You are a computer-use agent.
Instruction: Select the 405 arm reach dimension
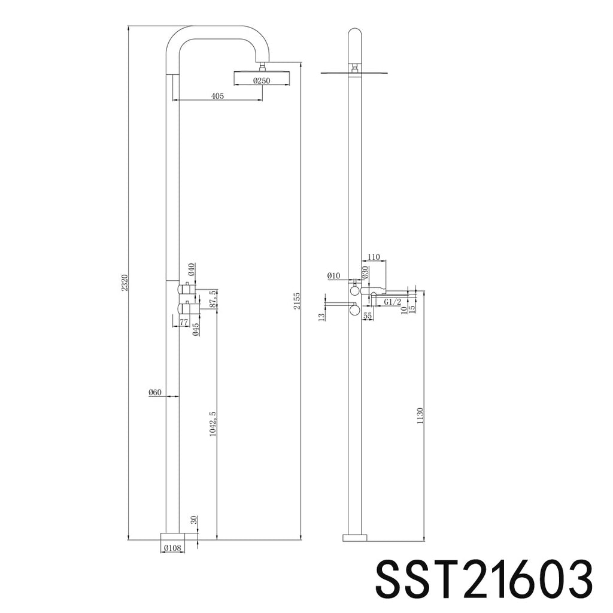[x=217, y=96]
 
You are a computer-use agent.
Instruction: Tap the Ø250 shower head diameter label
[x=261, y=81]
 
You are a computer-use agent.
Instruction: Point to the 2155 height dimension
[x=297, y=301]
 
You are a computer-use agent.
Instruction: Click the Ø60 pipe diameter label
[x=155, y=393]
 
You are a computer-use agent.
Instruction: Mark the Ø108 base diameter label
[x=172, y=547]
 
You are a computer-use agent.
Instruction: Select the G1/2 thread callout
[x=393, y=302]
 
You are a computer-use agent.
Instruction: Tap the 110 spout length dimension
[x=374, y=257]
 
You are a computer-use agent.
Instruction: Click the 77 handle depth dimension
[x=184, y=322]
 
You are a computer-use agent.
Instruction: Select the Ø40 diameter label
[x=191, y=269]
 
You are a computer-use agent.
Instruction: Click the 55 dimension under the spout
[x=368, y=315]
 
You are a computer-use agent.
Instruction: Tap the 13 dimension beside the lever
[x=321, y=315]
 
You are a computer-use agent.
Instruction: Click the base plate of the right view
[x=354, y=537]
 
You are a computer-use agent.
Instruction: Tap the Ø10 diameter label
[x=334, y=276]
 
